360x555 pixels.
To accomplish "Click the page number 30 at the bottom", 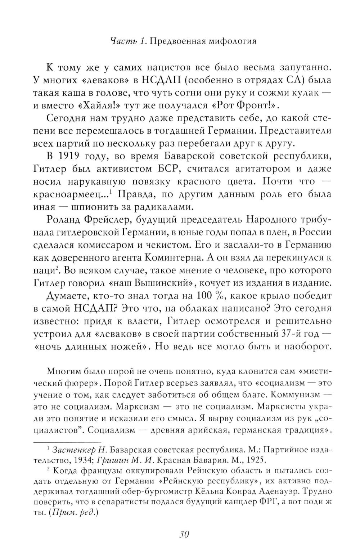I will [184, 534].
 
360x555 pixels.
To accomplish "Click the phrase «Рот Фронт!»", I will [238, 105].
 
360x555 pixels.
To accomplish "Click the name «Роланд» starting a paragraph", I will [63, 219].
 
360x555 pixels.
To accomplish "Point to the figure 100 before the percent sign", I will [204, 296].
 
